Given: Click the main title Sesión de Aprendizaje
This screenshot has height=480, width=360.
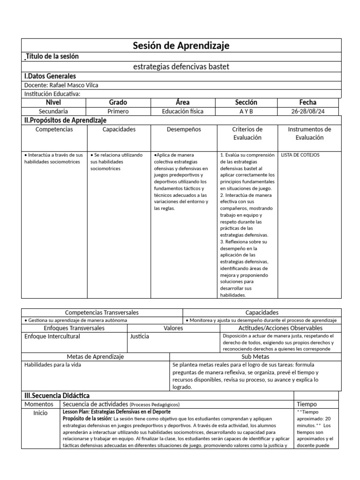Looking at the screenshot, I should click(x=181, y=45).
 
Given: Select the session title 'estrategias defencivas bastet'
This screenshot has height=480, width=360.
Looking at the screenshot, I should click(x=181, y=67).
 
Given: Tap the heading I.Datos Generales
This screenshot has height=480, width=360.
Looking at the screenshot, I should click(x=50, y=76).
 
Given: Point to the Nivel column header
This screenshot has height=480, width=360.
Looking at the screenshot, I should click(x=54, y=102).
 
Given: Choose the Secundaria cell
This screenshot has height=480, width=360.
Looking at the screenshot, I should click(x=54, y=112).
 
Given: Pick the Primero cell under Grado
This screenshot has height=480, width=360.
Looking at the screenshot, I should click(x=118, y=112).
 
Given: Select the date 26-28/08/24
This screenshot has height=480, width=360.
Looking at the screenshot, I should click(x=308, y=112).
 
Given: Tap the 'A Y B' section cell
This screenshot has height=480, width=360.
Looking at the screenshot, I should click(x=246, y=112).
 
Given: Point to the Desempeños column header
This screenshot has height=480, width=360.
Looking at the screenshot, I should click(x=183, y=129).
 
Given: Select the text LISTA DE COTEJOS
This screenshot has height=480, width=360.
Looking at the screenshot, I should click(x=300, y=155).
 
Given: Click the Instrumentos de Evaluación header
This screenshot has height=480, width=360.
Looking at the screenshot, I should click(x=309, y=133).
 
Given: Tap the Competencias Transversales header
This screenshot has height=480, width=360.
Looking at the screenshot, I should click(x=102, y=312).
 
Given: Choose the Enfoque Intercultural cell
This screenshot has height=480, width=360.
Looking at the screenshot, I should click(x=52, y=337).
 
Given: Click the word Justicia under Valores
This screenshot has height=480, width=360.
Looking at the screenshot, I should click(x=140, y=337).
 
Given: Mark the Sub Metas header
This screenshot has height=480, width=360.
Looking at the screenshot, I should click(x=255, y=357).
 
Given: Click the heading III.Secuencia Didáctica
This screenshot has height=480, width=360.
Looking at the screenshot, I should click(x=57, y=396).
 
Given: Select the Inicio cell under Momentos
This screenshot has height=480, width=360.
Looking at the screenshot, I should click(x=40, y=413).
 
